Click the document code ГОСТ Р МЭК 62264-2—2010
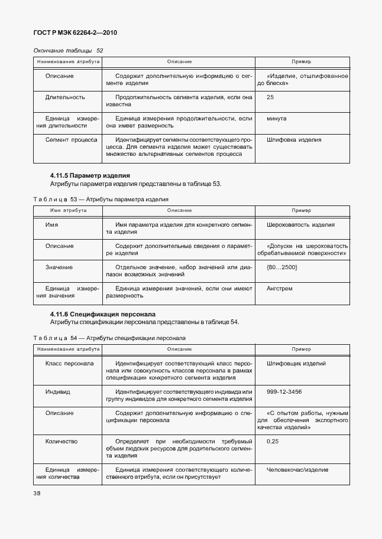click(76, 33)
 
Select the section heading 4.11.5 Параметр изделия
click(89, 175)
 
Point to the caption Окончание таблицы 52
click(68, 51)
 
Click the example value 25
click(270, 97)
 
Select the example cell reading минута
click(277, 118)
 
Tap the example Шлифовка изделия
click(294, 140)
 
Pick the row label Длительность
click(65, 97)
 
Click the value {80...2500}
click(281, 267)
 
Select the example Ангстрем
click(280, 289)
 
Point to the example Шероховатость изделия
click(300, 225)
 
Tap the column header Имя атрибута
click(68, 210)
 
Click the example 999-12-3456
click(284, 391)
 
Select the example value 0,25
click(273, 441)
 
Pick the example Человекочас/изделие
click(297, 469)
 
